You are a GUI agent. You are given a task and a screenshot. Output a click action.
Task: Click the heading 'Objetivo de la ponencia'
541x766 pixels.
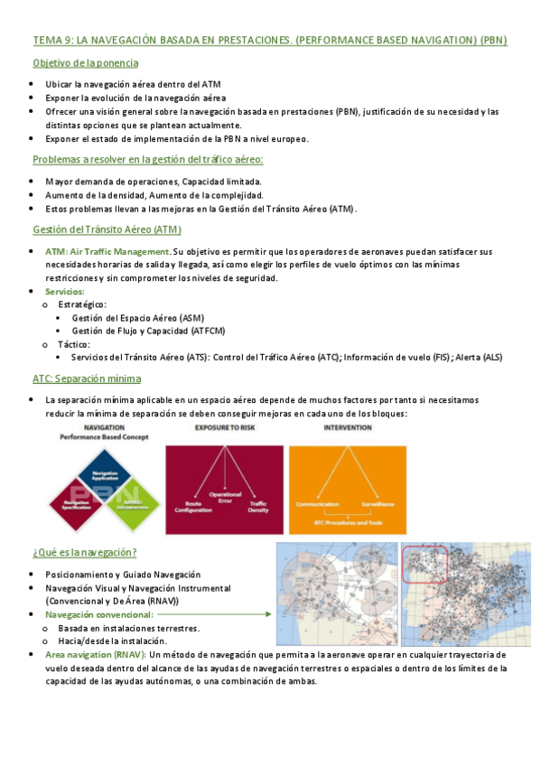coord(85,63)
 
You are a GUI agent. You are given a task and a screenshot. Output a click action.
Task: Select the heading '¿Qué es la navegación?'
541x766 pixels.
coord(84,552)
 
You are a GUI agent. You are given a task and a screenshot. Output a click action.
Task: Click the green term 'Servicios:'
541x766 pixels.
coord(64,292)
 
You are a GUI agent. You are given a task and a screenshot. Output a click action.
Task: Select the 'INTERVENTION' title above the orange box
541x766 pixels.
coord(347,427)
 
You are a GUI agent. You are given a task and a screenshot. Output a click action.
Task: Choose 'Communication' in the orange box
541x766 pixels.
coord(317,504)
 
